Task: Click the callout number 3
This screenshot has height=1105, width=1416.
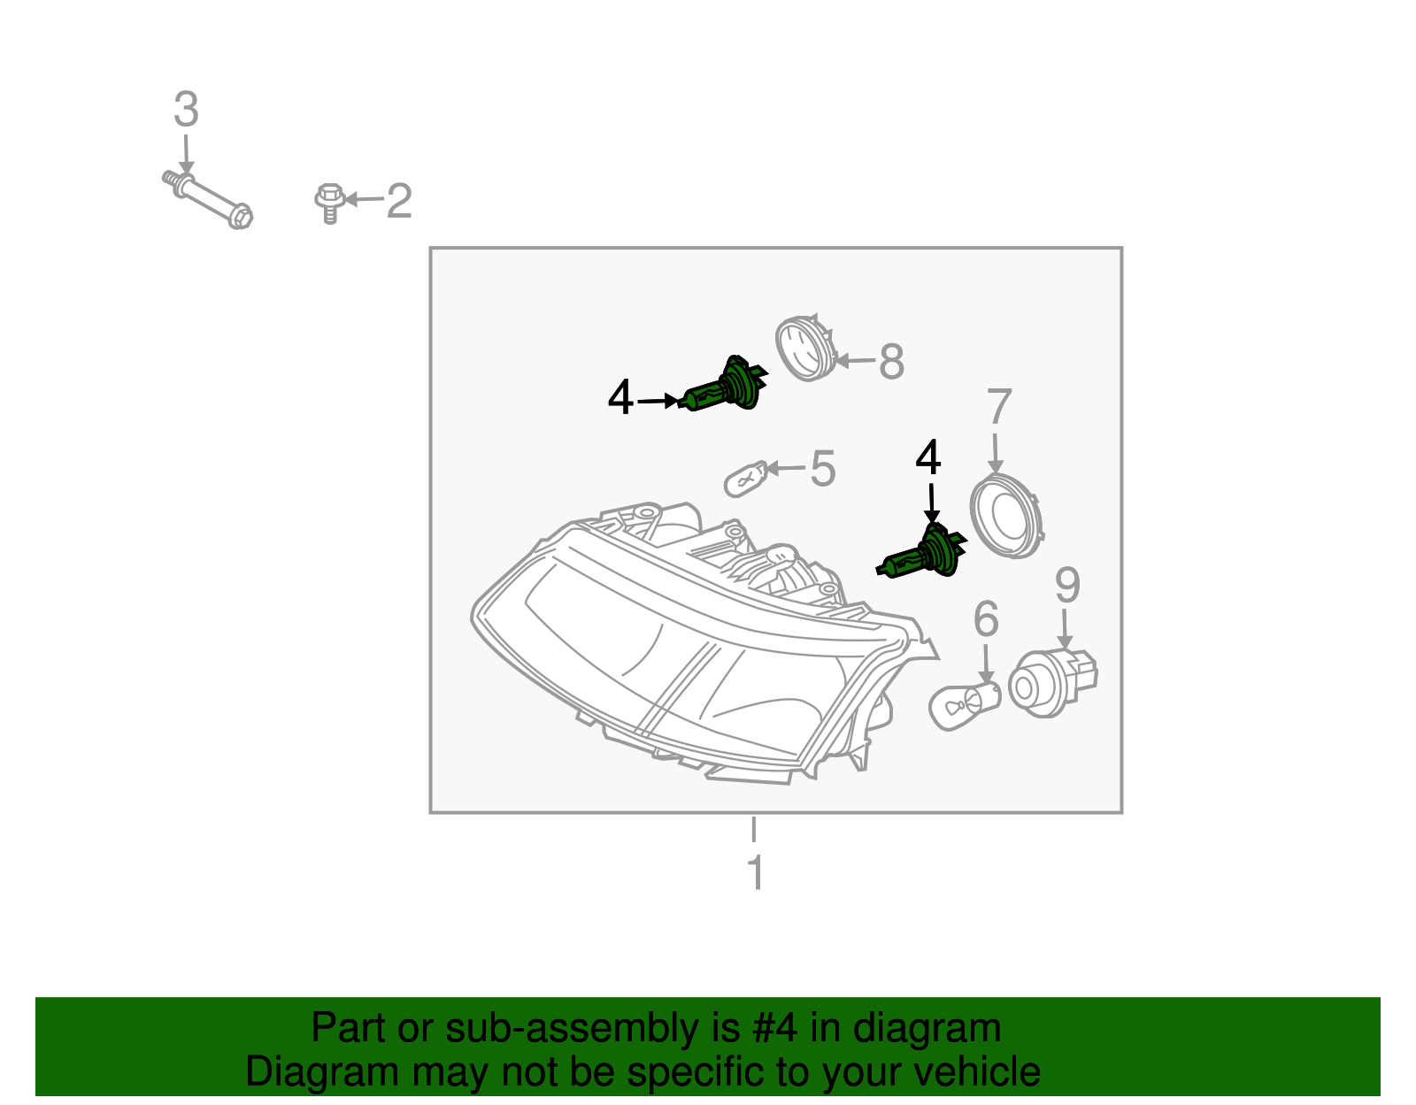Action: tap(186, 110)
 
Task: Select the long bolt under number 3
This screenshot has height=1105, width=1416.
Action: tap(209, 201)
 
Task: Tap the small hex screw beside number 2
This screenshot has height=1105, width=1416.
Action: tap(328, 203)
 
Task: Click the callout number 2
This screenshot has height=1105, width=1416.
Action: tap(399, 201)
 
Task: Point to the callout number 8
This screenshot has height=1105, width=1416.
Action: tap(891, 362)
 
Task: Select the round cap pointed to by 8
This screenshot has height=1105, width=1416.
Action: tap(804, 348)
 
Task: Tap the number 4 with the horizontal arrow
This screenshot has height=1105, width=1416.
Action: tap(620, 398)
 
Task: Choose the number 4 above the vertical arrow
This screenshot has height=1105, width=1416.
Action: tap(928, 458)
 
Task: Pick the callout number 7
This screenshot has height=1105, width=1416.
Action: tap(998, 407)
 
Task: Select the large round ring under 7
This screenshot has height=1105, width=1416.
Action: tap(1007, 515)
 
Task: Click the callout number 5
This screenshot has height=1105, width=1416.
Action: tap(823, 468)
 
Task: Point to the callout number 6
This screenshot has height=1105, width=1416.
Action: tap(986, 619)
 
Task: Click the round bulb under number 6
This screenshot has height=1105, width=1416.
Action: tap(963, 705)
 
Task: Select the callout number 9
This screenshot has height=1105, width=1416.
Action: tap(1067, 586)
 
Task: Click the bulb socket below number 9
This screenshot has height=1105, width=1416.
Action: tap(1050, 683)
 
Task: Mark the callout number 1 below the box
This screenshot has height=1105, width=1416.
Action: tap(755, 872)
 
